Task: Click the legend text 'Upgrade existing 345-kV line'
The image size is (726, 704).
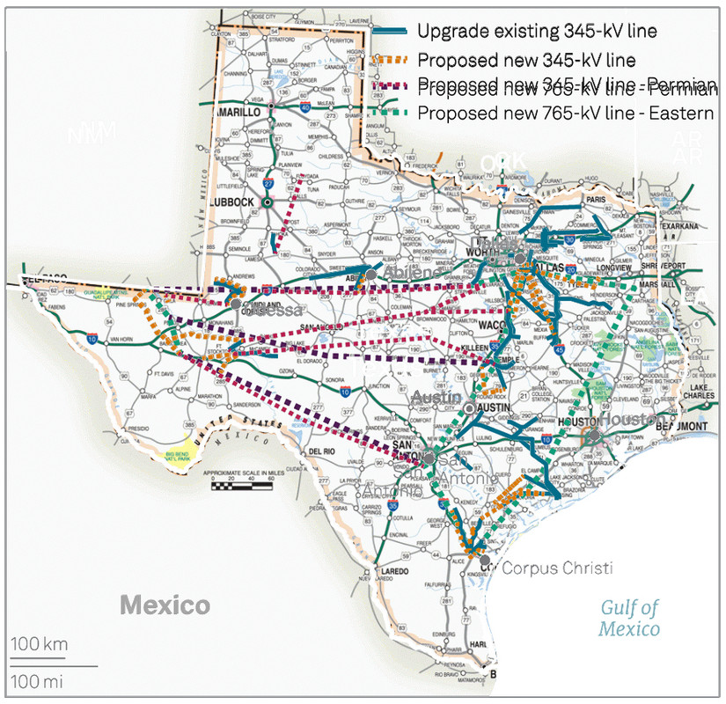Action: [538, 32]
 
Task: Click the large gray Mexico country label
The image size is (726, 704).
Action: [165, 605]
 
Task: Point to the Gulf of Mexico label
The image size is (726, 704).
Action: [629, 617]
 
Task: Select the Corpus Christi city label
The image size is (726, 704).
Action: [556, 568]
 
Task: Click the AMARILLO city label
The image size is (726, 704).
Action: [238, 114]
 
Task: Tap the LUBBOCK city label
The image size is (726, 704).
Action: [232, 202]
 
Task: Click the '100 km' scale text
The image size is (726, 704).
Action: [40, 645]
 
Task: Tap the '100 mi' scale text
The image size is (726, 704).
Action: [38, 681]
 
